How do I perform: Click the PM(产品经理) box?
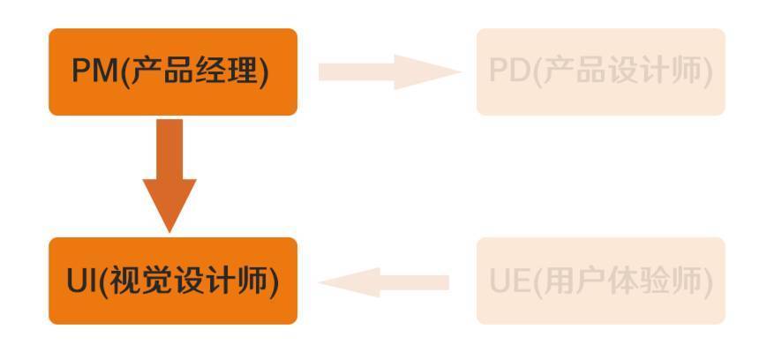pos(173,71)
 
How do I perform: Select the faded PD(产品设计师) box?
pos(600,71)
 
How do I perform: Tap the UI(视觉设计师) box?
pos(173,281)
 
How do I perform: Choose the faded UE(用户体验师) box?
pos(600,281)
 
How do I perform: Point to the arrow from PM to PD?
pos(388,71)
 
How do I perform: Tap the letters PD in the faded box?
pos(508,72)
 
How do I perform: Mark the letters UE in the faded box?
pos(509,281)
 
